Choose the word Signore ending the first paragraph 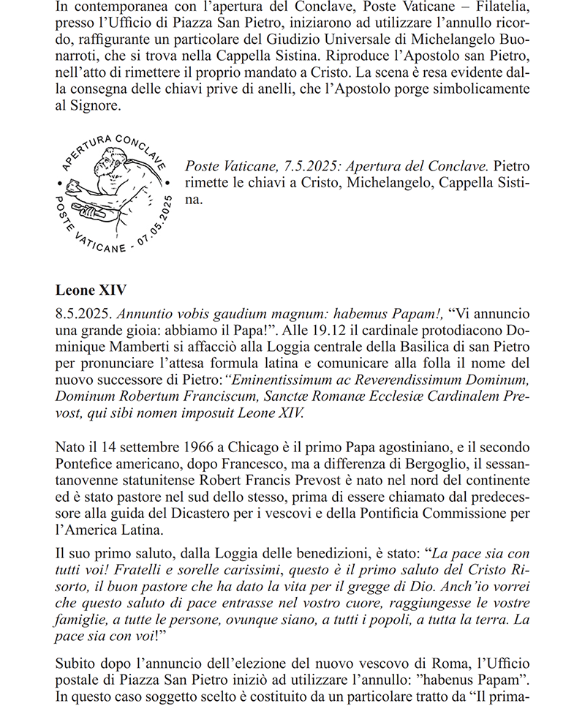[90, 106]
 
